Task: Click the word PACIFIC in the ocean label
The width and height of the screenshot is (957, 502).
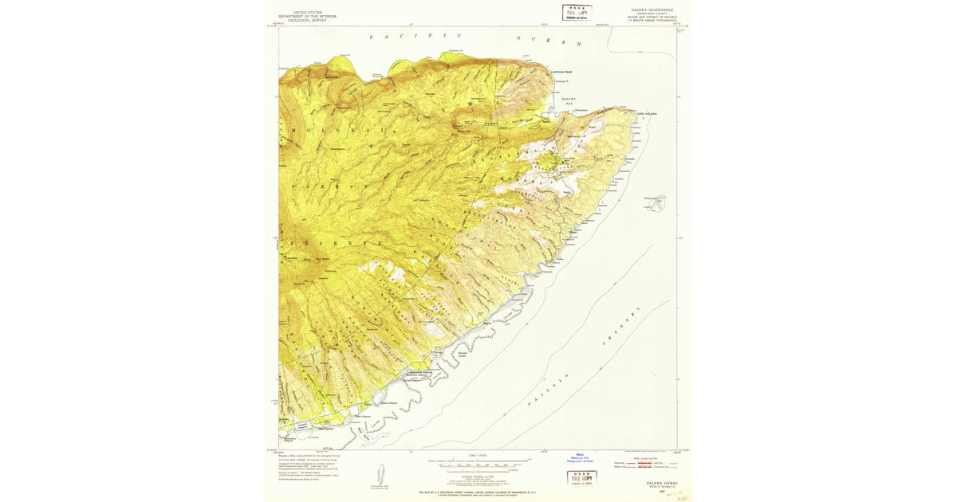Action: pyautogui.click(x=415, y=37)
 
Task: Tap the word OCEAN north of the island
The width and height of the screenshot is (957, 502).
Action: pyautogui.click(x=549, y=41)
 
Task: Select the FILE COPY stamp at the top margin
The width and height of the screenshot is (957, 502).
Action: pyautogui.click(x=577, y=13)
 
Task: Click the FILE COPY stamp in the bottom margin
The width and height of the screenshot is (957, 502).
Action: pyautogui.click(x=582, y=478)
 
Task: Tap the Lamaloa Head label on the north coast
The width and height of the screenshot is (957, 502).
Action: pyautogui.click(x=562, y=72)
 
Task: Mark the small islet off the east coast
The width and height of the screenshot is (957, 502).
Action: pyautogui.click(x=656, y=203)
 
